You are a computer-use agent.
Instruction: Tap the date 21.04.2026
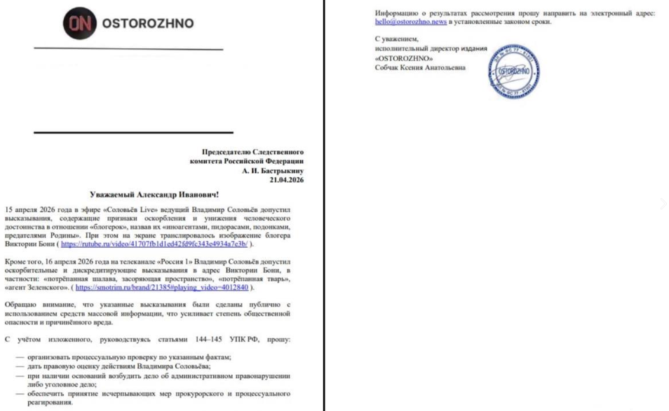point(287,180)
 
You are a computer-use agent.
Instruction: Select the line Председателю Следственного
point(253,152)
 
